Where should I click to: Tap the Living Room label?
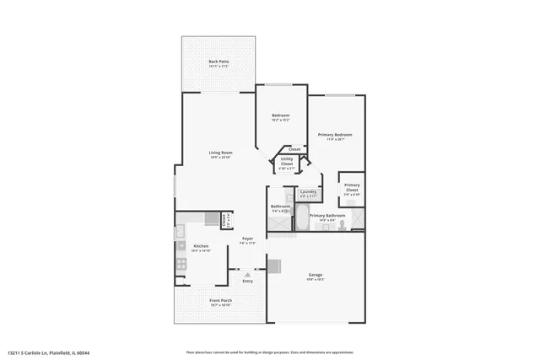221,153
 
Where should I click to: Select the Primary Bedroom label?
334,135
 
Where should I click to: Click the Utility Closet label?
287,163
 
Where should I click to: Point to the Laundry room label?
308,192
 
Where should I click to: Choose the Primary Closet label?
352,187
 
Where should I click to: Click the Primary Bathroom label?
327,216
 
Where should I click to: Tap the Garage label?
316,275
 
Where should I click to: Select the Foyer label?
248,239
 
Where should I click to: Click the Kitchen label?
201,246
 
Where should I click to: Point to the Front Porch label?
220,302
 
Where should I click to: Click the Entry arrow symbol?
248,274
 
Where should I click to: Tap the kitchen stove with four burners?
180,264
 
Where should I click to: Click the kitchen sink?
180,232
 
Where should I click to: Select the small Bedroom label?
280,116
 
